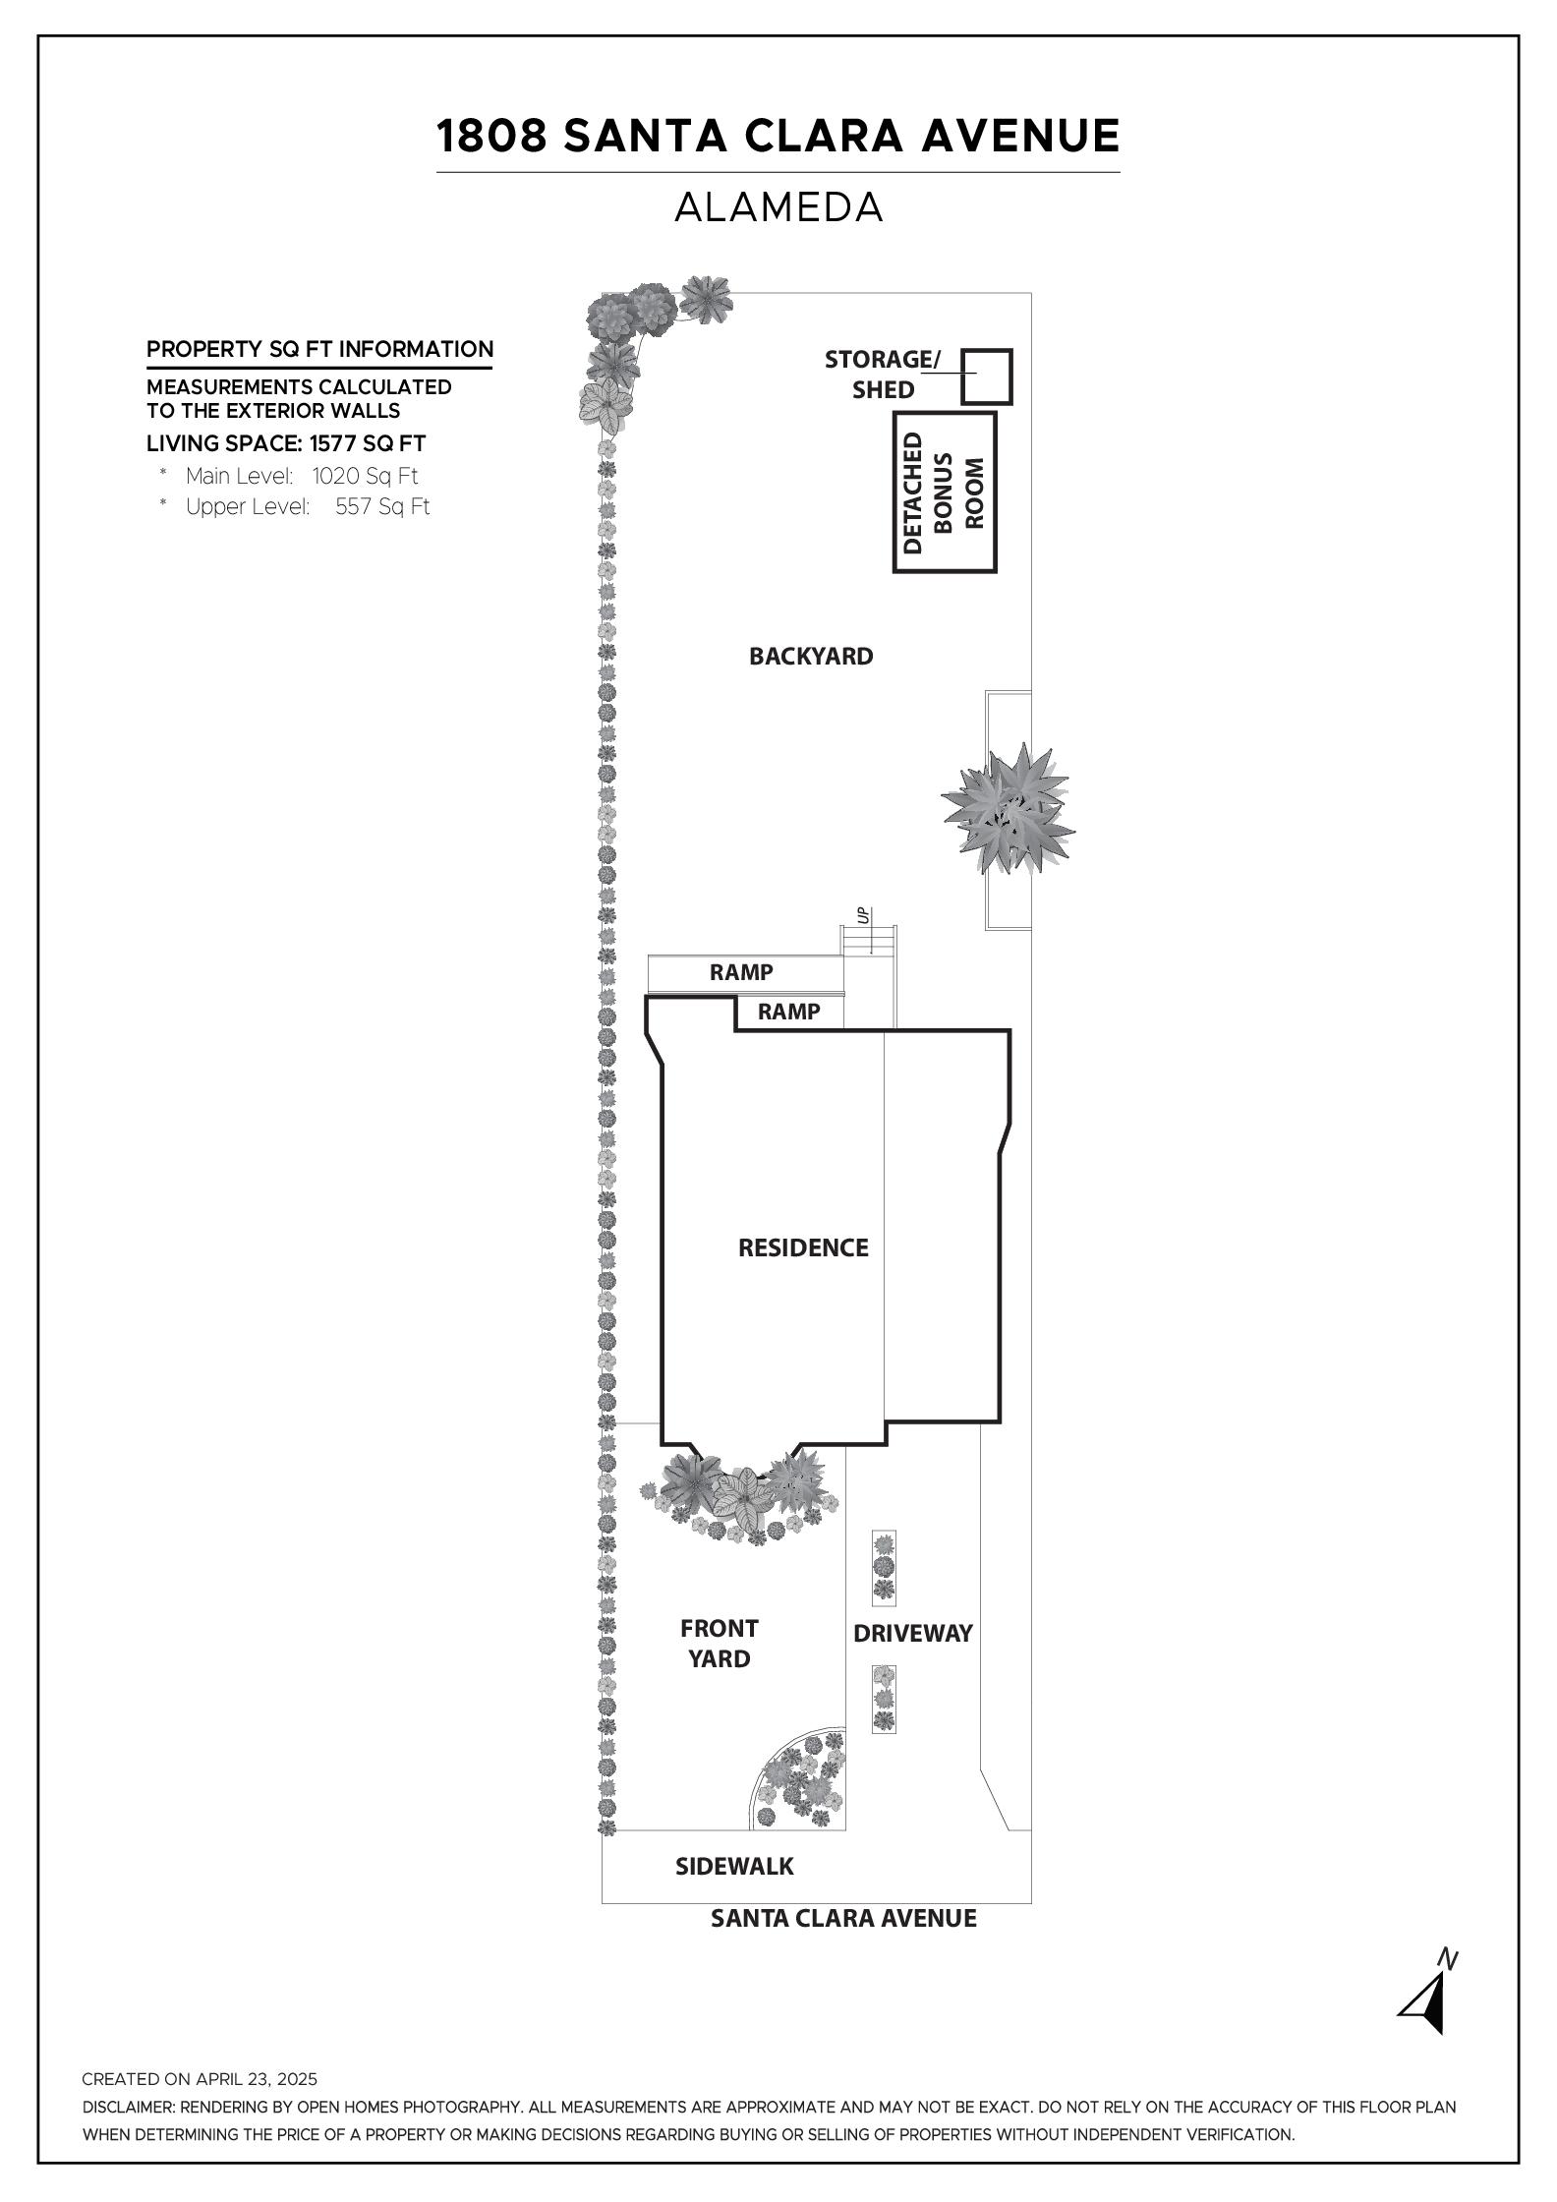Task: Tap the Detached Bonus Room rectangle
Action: click(x=896, y=492)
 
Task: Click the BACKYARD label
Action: click(x=811, y=656)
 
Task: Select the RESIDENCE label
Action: click(x=803, y=1247)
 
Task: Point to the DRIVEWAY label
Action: click(x=913, y=1633)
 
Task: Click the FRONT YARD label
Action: click(x=720, y=1644)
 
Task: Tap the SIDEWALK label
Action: click(x=734, y=1866)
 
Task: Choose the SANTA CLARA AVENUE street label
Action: click(x=843, y=1918)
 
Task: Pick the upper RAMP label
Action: click(x=741, y=972)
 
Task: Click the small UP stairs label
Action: click(x=863, y=916)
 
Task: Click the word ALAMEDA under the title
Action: click(x=778, y=207)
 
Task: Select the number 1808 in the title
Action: click(x=491, y=136)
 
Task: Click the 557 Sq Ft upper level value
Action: click(x=382, y=506)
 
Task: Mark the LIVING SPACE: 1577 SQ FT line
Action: click(x=286, y=443)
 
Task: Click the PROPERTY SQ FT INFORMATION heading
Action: click(x=319, y=349)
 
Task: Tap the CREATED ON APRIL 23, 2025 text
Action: click(x=200, y=2079)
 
